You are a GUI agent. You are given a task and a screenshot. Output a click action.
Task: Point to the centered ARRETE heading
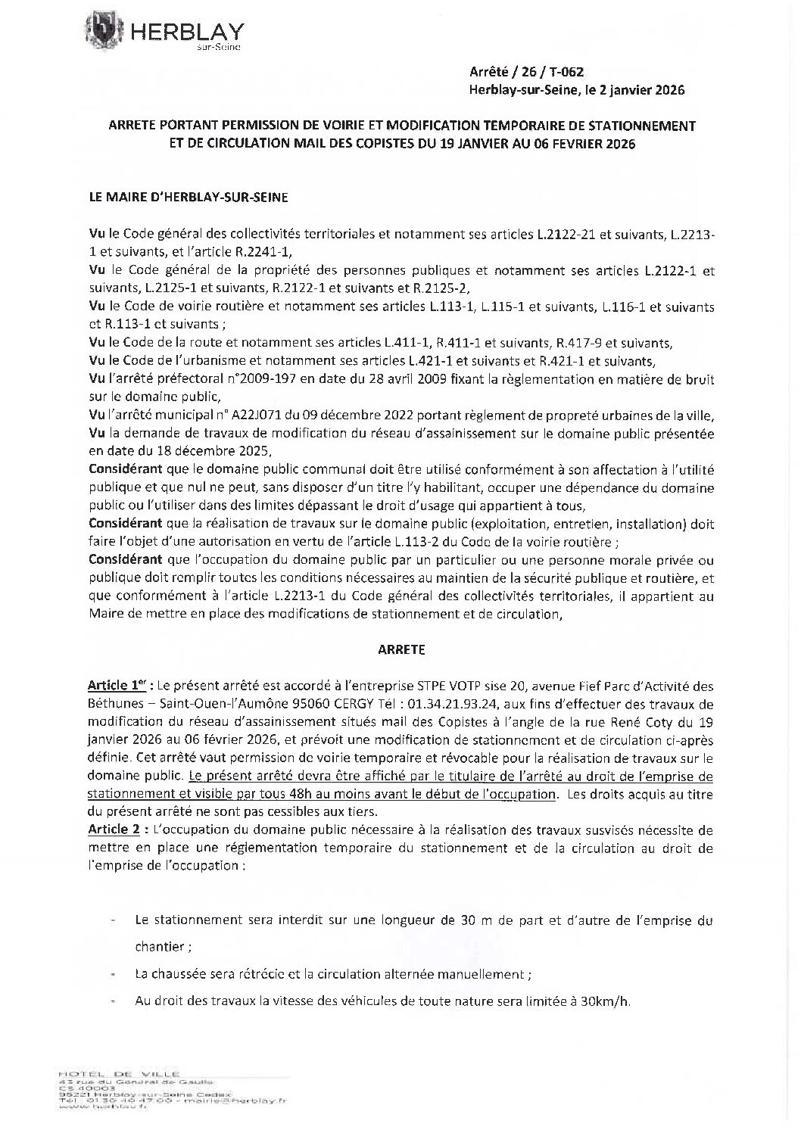400,649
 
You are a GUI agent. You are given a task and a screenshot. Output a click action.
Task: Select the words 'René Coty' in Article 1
615,720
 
